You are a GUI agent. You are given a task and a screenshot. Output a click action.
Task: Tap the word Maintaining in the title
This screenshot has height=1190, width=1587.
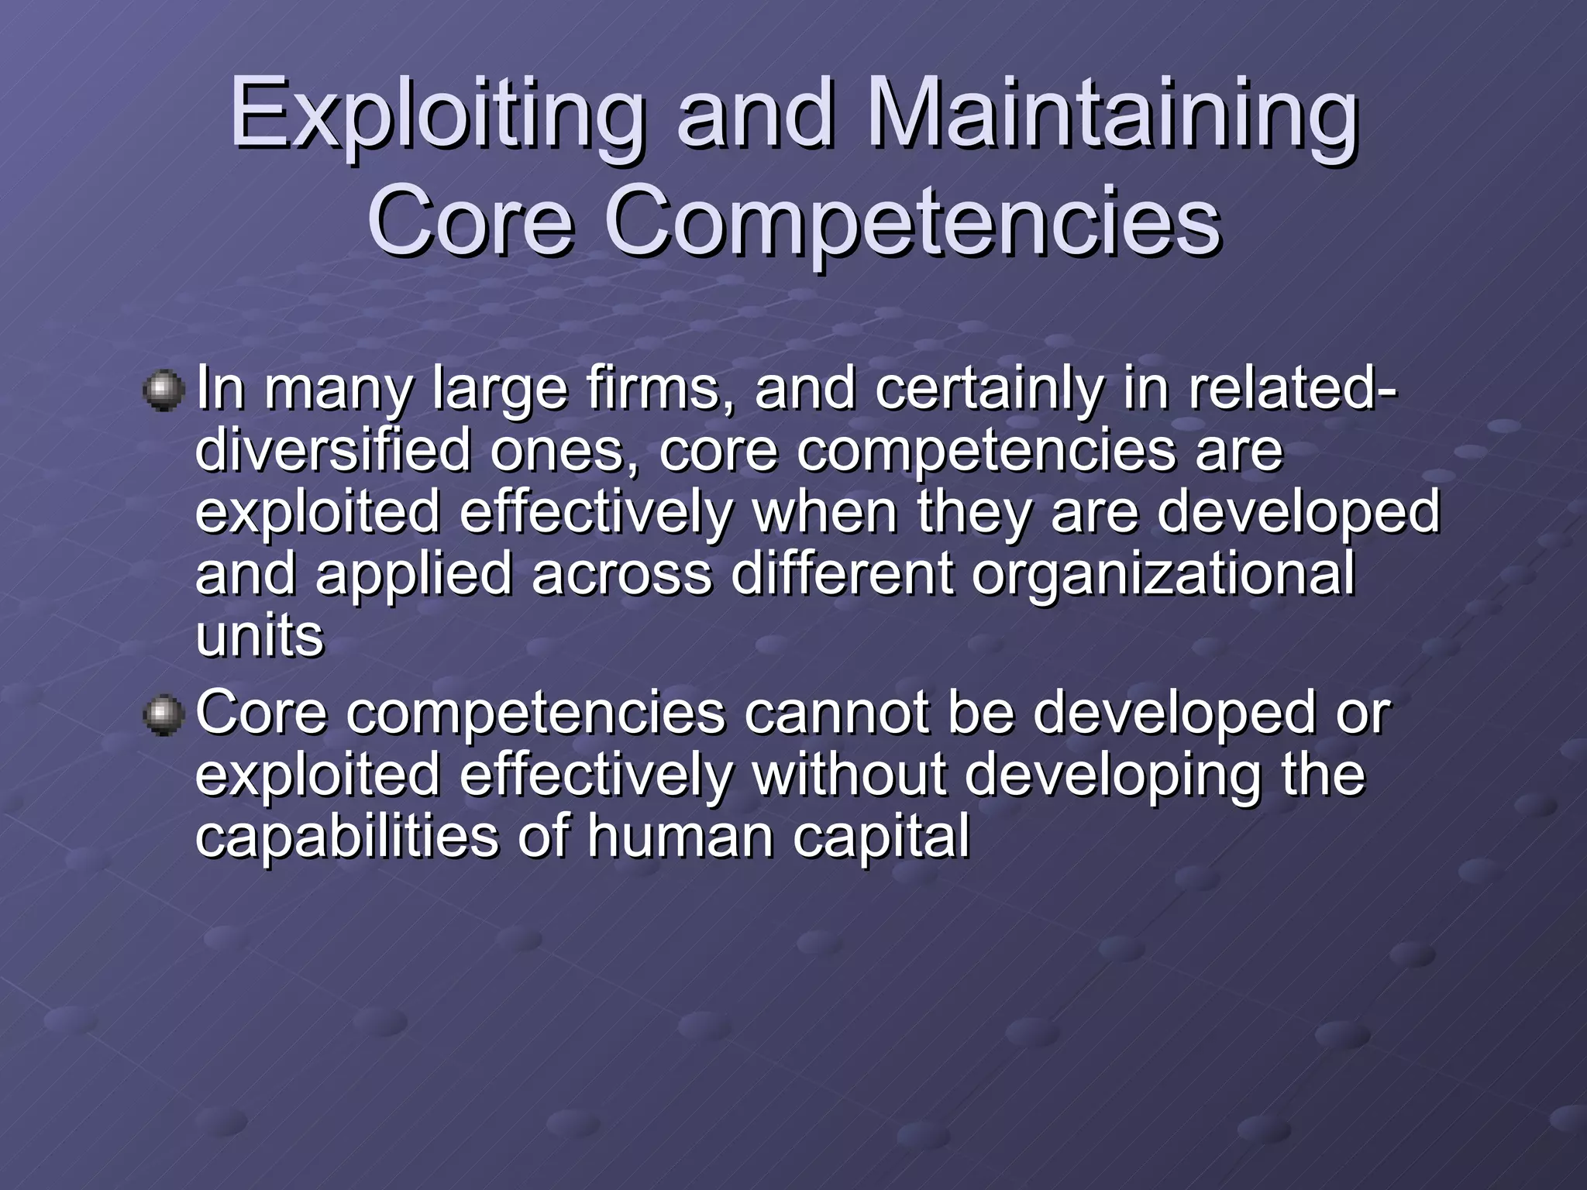point(1112,116)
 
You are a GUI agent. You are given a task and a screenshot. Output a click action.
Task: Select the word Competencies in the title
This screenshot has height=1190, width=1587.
point(911,222)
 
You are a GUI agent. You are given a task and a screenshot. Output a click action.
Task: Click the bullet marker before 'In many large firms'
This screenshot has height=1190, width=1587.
point(164,390)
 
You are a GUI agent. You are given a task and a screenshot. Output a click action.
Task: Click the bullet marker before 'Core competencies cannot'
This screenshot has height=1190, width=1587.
point(164,714)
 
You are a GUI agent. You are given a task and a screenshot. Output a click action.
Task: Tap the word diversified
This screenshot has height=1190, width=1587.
point(332,451)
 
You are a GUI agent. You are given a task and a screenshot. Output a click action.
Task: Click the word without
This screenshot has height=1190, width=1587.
point(849,775)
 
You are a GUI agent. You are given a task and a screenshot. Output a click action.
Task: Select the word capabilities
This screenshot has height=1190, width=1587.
point(346,837)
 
